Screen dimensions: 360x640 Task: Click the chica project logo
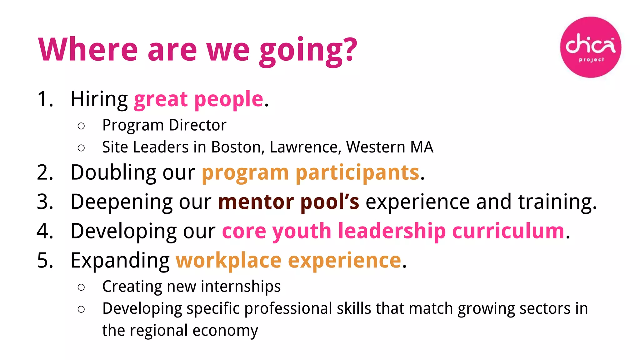[x=590, y=47]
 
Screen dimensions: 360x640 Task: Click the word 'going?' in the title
[x=308, y=50]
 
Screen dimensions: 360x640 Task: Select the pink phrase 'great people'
[x=199, y=99]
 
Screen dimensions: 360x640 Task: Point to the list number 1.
[x=45, y=99]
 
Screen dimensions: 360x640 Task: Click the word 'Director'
[x=197, y=125]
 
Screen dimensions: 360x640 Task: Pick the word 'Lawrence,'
[x=305, y=147]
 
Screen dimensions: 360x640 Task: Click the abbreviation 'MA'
[x=422, y=147]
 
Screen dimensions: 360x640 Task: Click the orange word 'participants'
[x=357, y=172]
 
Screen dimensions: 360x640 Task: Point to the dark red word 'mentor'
[x=256, y=202]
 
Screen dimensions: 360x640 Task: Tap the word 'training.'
[x=557, y=202]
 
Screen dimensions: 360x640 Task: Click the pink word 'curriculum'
[x=508, y=231]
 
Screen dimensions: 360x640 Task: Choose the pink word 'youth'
[x=302, y=231]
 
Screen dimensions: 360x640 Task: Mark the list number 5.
[x=45, y=260]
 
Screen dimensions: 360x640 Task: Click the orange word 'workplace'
[x=228, y=260]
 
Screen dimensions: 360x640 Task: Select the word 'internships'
[x=241, y=286]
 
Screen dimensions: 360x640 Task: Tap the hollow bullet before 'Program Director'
[x=81, y=126]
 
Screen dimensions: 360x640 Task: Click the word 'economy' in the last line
[x=225, y=330]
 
